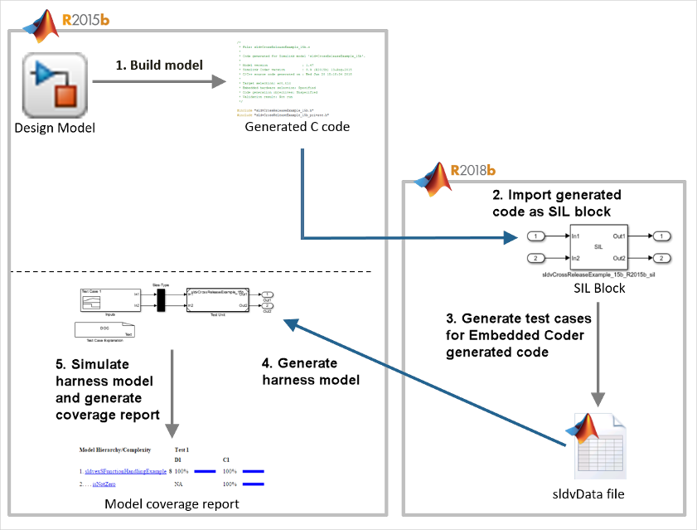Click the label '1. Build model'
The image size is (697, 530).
pyautogui.click(x=158, y=64)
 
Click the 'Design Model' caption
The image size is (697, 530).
pyautogui.click(x=55, y=127)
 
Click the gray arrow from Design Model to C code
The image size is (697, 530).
pyautogui.click(x=158, y=81)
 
